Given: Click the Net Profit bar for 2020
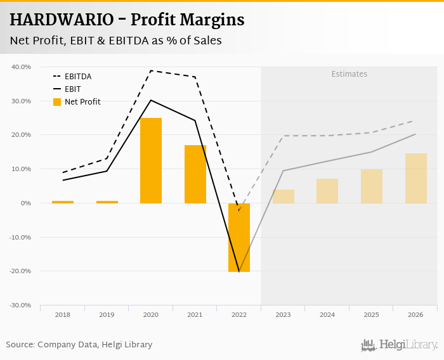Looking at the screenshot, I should coord(151,160).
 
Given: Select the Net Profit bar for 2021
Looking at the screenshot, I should coord(195,174).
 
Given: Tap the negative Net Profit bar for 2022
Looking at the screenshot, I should coord(239,237).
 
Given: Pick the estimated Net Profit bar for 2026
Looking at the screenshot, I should coord(416,178).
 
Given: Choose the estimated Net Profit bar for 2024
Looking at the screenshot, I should coord(327,191).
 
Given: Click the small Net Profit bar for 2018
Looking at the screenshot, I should coord(63,202).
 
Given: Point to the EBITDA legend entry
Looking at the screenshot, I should coord(78,77).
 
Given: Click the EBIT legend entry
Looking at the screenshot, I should coord(72,89).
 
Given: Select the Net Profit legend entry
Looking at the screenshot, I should coord(82,101).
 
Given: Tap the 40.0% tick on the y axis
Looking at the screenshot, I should coord(22,67).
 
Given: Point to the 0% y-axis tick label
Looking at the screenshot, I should coord(26,203).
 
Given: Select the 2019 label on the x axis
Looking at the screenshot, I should coord(107,314).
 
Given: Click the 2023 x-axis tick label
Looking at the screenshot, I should coord(283,314).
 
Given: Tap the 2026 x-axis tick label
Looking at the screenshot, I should coord(415,314).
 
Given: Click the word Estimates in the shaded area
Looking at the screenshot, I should coord(349,74).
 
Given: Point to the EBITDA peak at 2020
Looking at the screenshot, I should coord(151,70).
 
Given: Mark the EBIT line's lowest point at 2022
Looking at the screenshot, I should coord(238,271).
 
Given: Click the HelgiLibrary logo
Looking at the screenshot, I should coord(399,345).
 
